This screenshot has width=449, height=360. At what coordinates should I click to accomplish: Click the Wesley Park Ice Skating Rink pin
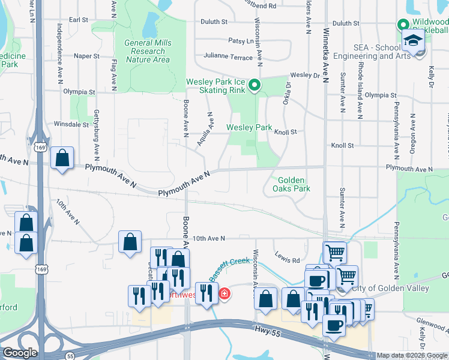tap(255, 86)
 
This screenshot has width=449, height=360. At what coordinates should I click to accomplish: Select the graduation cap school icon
tap(412, 40)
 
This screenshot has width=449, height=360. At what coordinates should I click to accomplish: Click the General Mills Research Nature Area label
tap(147, 51)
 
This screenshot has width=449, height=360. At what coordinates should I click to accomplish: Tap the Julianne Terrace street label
tap(228, 57)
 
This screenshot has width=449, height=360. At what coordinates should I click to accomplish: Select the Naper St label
tap(86, 56)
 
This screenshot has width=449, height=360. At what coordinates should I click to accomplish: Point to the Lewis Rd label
tap(288, 260)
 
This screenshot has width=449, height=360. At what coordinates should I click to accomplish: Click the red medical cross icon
tap(224, 294)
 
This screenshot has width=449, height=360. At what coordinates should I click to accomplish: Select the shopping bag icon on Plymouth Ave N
tap(62, 158)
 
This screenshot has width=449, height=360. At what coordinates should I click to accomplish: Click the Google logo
tap(20, 353)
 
